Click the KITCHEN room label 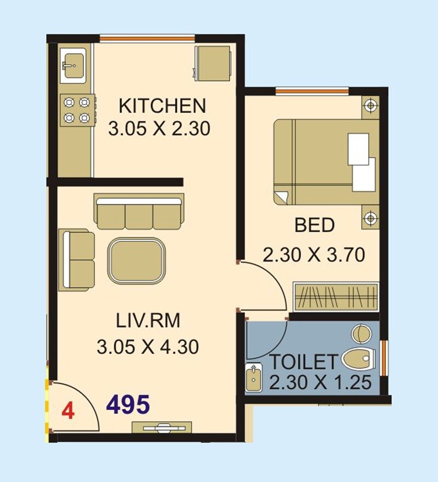162,104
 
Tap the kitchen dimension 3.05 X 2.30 159,129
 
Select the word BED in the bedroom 314,225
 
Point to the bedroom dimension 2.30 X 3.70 314,255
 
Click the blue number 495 128,405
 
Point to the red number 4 67,411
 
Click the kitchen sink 73,66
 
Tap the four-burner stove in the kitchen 77,109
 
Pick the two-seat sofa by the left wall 76,259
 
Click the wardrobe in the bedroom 336,297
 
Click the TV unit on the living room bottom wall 162,427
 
